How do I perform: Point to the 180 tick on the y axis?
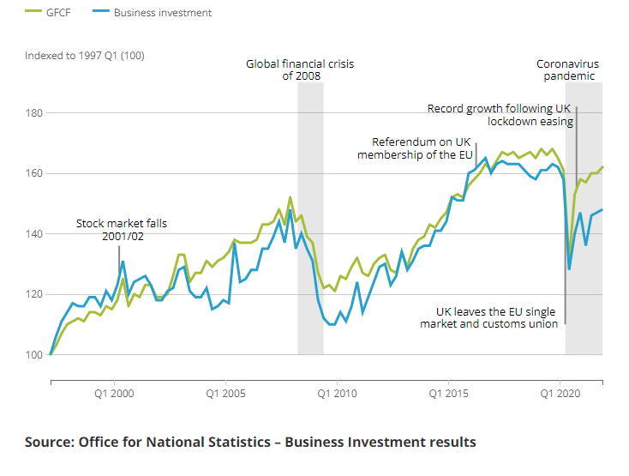click(x=34, y=112)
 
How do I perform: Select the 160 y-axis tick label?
click(x=34, y=173)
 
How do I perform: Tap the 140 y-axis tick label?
click(x=34, y=233)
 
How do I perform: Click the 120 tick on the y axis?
click(x=34, y=294)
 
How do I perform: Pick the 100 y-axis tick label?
click(x=34, y=354)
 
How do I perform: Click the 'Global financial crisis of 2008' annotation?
click(x=300, y=69)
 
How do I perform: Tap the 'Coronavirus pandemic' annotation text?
click(x=567, y=69)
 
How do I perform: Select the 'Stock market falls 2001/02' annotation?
click(x=122, y=229)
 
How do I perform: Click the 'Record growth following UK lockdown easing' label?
click(x=500, y=115)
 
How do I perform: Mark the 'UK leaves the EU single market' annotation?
click(x=489, y=318)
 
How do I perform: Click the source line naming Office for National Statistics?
click(x=250, y=442)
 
